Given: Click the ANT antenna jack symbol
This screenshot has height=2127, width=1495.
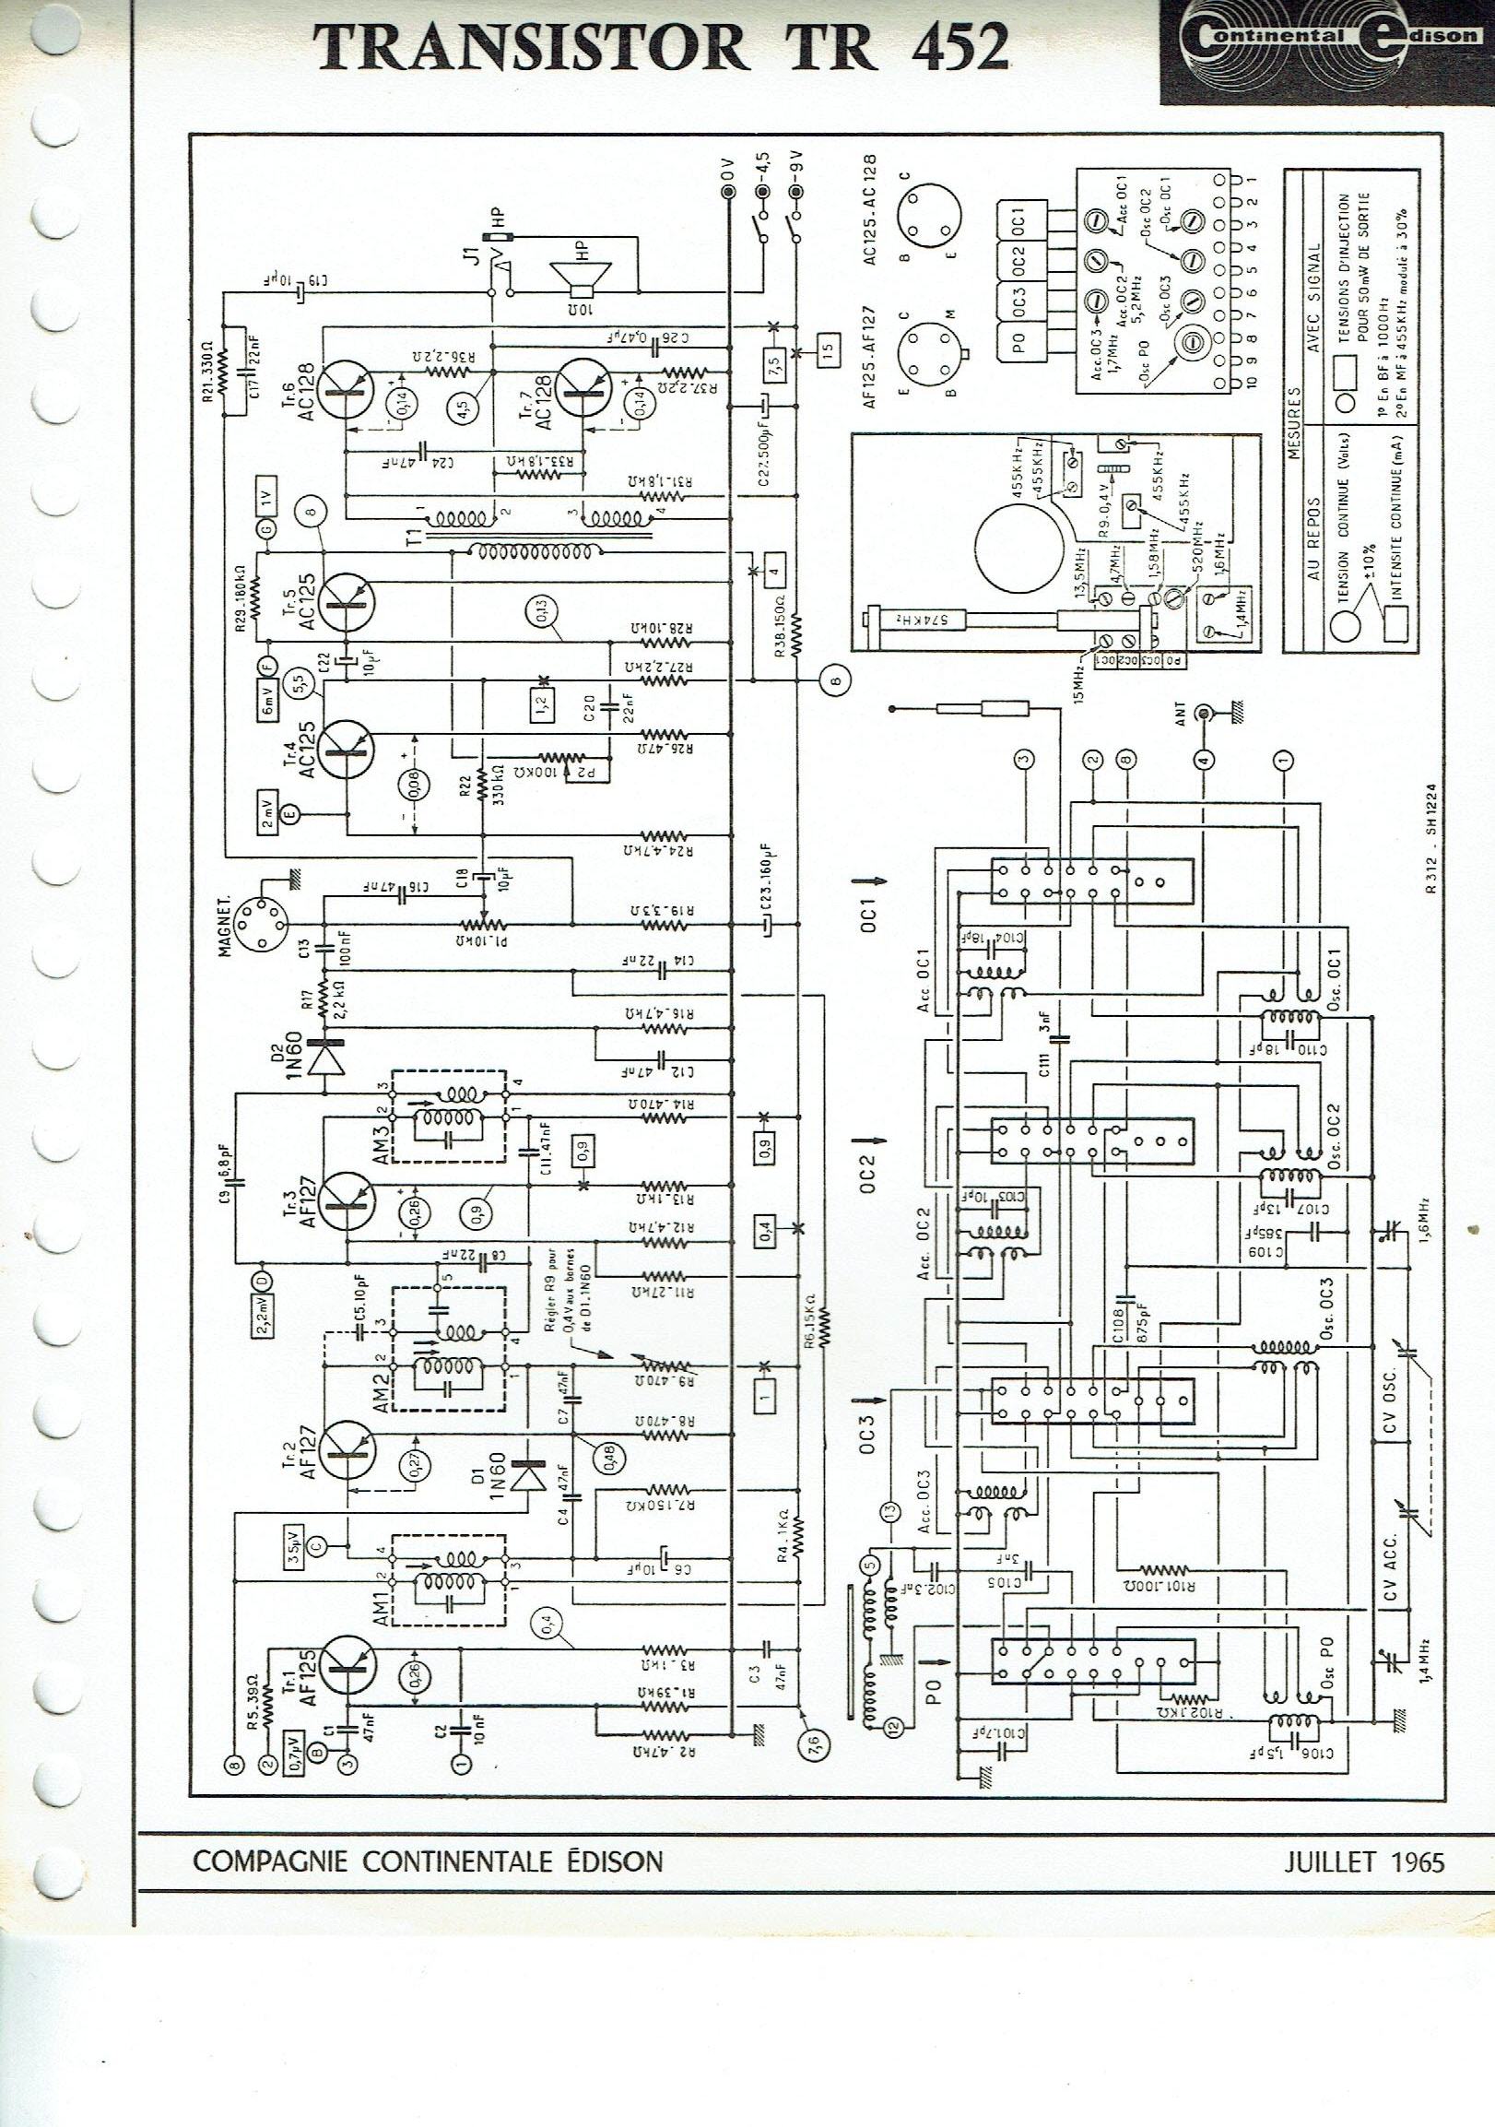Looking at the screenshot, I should click(x=1205, y=714).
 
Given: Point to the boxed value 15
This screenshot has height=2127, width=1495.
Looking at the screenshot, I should click(x=828, y=350).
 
